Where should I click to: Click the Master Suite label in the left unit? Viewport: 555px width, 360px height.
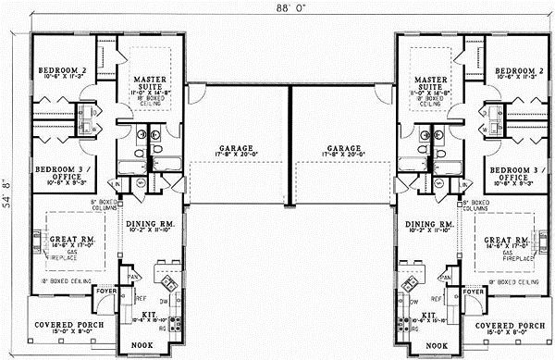coord(148,80)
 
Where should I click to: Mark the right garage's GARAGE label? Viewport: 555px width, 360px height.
coord(344,148)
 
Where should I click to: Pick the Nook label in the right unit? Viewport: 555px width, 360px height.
coord(429,345)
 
